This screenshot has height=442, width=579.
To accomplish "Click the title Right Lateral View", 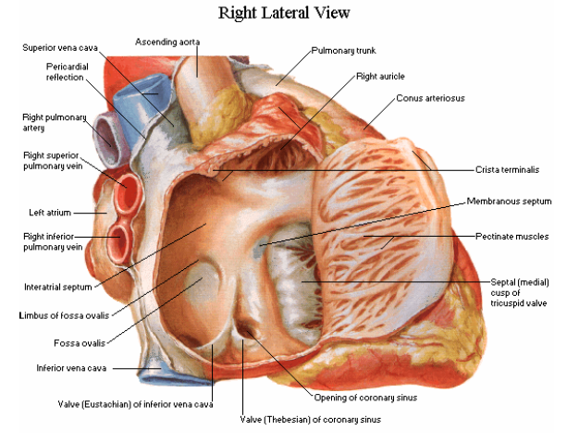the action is coord(284,13).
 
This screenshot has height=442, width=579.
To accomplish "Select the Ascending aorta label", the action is coord(167,42).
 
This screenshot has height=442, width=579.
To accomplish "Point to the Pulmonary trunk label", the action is coord(342,50).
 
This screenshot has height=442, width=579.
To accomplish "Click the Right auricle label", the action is coord(380,76).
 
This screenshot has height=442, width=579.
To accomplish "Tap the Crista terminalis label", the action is coord(507,169).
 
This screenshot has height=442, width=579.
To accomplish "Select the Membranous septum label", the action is coord(509,201).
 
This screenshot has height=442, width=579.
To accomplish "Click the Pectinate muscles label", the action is coord(512,237).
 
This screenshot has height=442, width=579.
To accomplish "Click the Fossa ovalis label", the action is coord(64,343).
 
